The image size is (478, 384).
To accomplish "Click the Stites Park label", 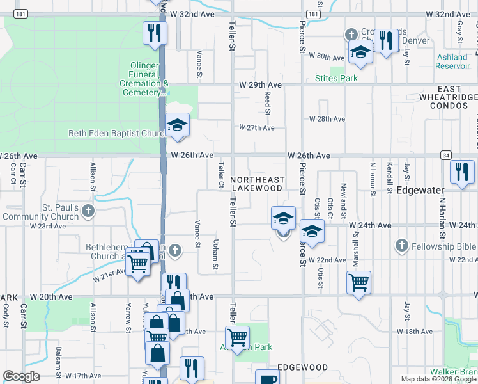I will tap(337, 79).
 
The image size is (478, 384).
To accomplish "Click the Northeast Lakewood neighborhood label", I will tap(256, 184).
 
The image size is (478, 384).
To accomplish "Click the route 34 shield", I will tap(445, 155).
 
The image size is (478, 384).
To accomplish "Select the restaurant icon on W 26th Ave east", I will tap(461, 172).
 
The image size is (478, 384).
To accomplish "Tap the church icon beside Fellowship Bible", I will tap(401, 245).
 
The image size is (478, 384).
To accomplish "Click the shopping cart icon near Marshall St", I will tap(358, 281).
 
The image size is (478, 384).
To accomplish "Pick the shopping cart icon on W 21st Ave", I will tap(137, 262).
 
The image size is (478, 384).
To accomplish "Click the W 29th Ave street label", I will tap(260, 85).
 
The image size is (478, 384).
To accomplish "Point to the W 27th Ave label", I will tap(257, 128).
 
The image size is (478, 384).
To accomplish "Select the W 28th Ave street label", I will tap(327, 119).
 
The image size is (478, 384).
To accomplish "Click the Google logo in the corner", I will tap(21, 376).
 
